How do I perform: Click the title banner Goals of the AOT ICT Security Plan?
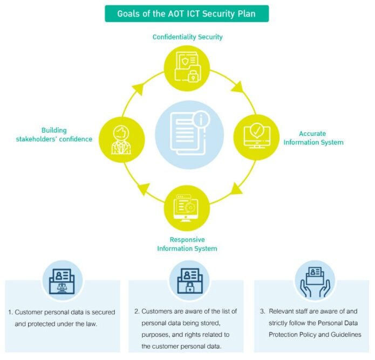pos(187,13)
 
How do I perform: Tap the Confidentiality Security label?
pos(188,37)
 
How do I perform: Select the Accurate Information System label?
pos(313,138)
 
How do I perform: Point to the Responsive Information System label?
pos(187,244)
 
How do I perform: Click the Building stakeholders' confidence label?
pos(54,135)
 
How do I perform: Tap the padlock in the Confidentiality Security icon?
pos(193,77)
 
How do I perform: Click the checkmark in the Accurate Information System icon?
pos(257,130)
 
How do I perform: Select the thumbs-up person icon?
pos(121,140)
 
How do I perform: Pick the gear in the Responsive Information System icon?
pos(190,207)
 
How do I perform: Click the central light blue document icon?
pos(189,134)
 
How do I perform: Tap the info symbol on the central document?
pos(201,119)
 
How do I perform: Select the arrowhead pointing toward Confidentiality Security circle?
pos(138,88)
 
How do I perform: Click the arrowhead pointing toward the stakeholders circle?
pos(143,188)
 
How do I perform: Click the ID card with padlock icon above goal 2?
pos(189,281)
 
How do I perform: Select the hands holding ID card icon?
pos(315,282)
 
